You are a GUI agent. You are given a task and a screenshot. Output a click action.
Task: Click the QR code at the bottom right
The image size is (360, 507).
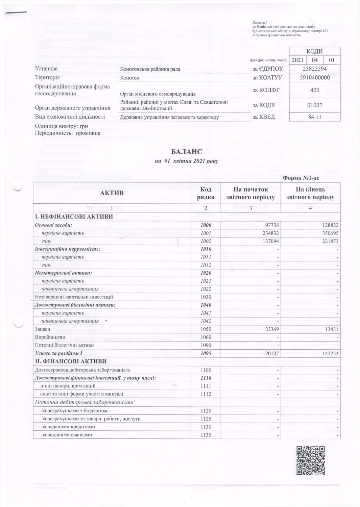pos(310,460)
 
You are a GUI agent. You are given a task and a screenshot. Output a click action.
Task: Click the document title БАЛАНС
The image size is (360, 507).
pos(186,153)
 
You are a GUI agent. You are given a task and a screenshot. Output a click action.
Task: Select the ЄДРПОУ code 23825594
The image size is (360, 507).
pos(314,69)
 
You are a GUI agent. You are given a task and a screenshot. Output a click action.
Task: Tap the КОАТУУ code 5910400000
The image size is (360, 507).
pos(314,78)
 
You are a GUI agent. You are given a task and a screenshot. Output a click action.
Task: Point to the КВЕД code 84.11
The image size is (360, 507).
pos(314,117)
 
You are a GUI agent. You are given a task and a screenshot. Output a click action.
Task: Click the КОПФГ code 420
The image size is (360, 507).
pos(314,90)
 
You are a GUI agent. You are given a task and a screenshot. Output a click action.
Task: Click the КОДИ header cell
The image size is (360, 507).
pos(314,51)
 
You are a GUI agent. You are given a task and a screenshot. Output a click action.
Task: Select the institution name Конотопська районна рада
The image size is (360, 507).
pos(150,69)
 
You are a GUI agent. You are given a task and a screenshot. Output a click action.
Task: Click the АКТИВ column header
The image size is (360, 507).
pos(112,193)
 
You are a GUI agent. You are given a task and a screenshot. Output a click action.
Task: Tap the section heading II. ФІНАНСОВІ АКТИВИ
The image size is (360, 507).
pos(71,362)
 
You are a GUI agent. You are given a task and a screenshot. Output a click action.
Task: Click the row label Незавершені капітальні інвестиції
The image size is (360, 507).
pos(74,297)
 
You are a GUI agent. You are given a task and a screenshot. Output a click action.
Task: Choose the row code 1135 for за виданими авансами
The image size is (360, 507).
pos(206,435)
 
